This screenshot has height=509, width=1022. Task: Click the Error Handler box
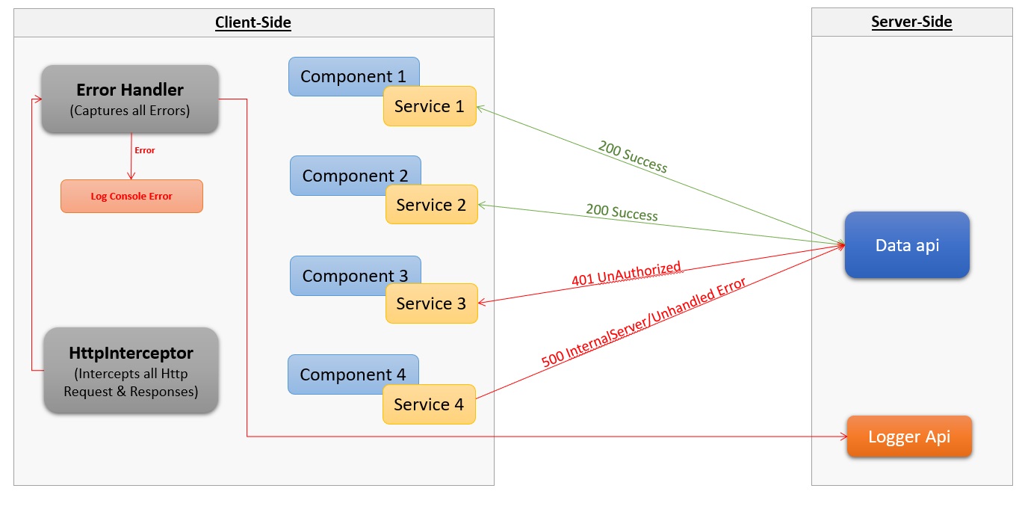click(x=130, y=99)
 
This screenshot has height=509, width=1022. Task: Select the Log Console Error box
click(x=131, y=197)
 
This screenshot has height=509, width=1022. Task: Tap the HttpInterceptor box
click(x=131, y=371)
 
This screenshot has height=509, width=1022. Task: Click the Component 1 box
click(x=336, y=74)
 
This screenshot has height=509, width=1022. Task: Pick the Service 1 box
click(x=430, y=107)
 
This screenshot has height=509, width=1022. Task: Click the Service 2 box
click(x=431, y=205)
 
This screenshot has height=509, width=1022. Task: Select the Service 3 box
click(x=431, y=303)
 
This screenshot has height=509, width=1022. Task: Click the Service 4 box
click(x=429, y=404)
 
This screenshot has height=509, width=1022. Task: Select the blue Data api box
click(x=907, y=245)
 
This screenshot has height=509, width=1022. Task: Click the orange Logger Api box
click(x=909, y=436)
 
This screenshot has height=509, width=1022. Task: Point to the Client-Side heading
click(x=253, y=22)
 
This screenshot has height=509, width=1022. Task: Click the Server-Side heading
click(x=911, y=22)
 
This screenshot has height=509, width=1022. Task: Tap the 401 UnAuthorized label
click(x=626, y=274)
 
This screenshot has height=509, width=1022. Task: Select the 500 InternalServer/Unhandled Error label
click(x=643, y=322)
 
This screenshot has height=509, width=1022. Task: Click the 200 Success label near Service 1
click(x=633, y=156)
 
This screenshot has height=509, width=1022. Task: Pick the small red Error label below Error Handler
click(x=145, y=150)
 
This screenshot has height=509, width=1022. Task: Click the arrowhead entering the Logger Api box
click(x=842, y=436)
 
